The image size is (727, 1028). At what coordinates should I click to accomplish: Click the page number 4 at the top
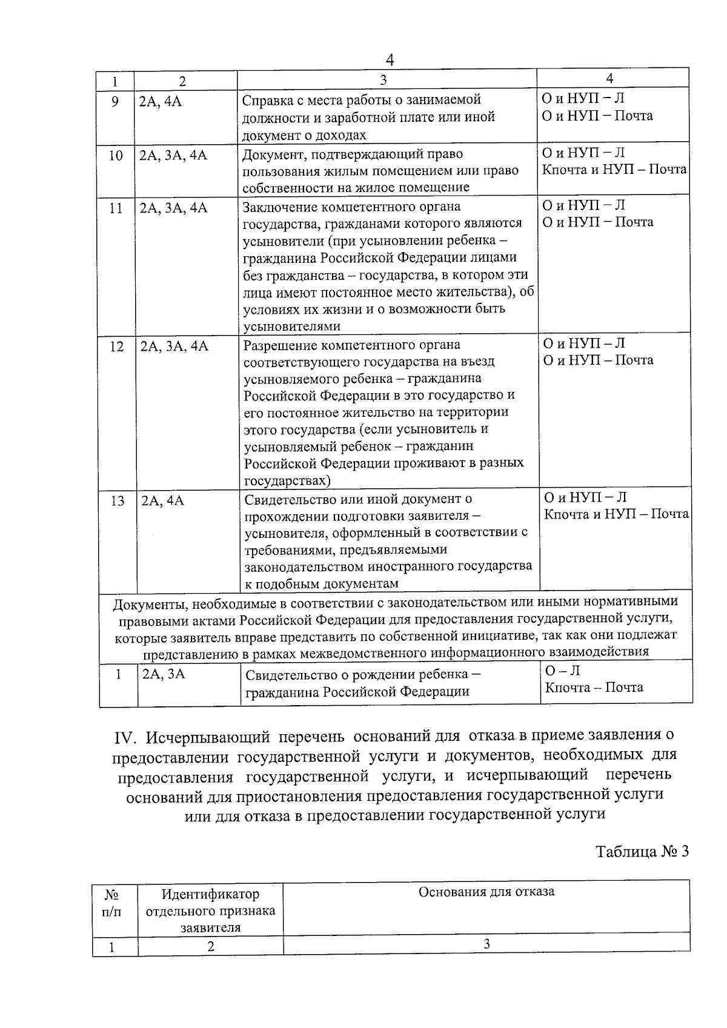[390, 59]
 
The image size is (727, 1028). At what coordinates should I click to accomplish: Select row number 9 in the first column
[115, 101]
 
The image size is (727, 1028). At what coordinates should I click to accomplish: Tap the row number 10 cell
[115, 156]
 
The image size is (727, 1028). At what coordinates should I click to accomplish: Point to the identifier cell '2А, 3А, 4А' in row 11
[173, 208]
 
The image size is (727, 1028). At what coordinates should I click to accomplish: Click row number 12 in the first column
[116, 347]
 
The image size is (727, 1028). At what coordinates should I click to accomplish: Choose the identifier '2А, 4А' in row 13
[162, 501]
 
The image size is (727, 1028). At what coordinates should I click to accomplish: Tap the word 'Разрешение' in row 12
[275, 345]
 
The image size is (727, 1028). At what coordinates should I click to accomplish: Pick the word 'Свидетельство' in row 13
[287, 499]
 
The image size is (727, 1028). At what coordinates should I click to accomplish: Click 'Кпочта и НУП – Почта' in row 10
[614, 169]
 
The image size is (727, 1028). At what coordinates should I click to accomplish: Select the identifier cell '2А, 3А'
[163, 674]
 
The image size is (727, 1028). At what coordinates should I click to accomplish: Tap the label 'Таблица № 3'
[642, 851]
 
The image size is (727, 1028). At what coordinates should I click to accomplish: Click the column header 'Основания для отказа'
[486, 892]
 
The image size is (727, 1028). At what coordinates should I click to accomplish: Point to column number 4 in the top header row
[609, 78]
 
